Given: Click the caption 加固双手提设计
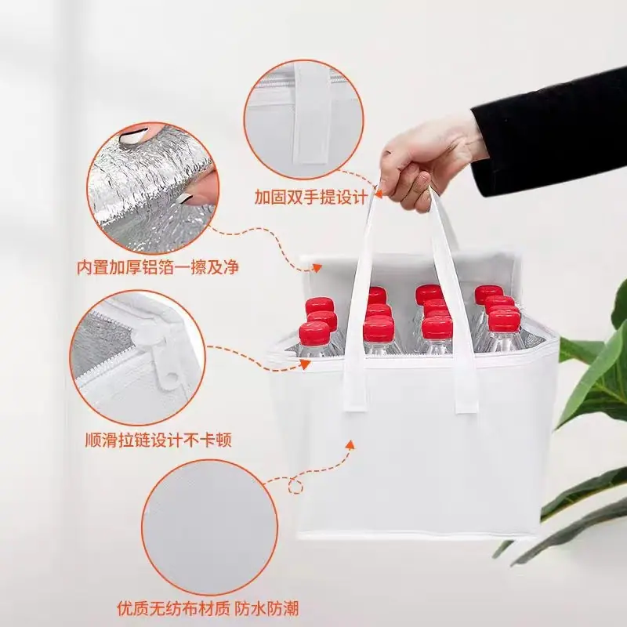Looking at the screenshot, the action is coord(311,198).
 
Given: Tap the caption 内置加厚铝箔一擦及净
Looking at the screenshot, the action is coord(158,267).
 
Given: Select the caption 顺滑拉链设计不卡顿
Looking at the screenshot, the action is coord(158,440).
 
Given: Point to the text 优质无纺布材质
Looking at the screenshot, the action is coord(173,609).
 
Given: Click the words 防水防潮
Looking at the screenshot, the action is coord(266,609).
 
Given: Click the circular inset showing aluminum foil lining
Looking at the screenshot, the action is coord(153,188).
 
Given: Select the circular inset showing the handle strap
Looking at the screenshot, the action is coord(304,118).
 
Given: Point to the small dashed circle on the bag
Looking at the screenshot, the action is coord(295,487).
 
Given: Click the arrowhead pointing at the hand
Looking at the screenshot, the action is coord(378,194).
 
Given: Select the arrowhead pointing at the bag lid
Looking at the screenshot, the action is coord(317,267).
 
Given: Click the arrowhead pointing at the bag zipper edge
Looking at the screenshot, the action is coord(305,364).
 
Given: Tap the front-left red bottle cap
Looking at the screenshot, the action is coord(314,332).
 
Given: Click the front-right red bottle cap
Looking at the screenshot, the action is coord(504,321).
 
